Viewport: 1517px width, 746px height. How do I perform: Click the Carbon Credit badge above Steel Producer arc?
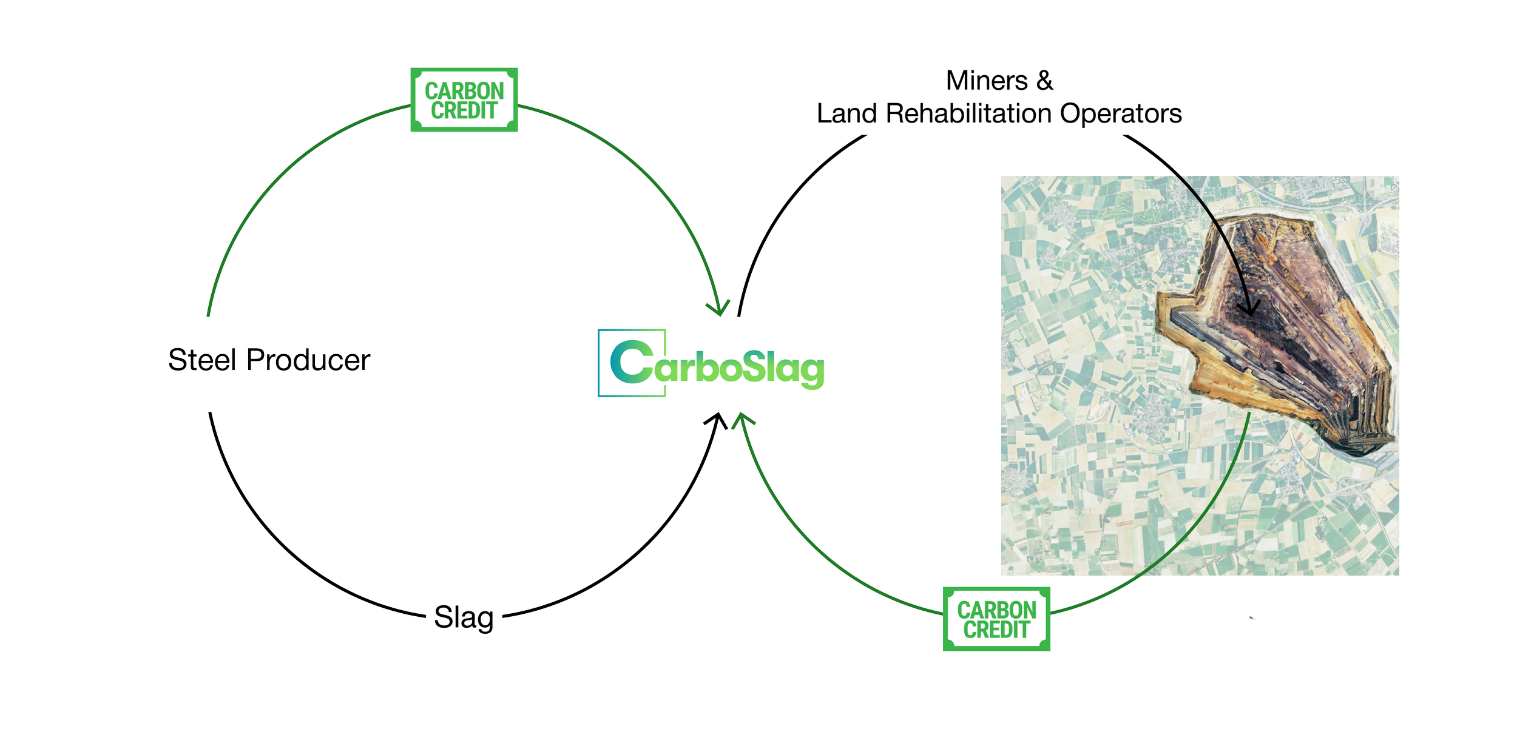[464, 100]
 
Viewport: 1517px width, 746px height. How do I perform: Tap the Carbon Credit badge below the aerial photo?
[996, 619]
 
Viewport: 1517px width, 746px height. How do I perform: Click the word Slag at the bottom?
[464, 617]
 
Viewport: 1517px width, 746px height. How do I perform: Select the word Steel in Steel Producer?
[201, 360]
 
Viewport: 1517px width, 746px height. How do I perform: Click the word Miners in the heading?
[987, 81]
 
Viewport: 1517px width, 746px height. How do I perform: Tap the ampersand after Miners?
[1045, 81]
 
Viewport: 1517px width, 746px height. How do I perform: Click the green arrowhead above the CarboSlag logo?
[721, 308]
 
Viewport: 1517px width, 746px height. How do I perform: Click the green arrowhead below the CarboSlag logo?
[742, 420]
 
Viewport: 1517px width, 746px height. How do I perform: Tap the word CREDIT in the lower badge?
[996, 630]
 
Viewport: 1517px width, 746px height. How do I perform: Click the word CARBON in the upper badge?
[464, 91]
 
